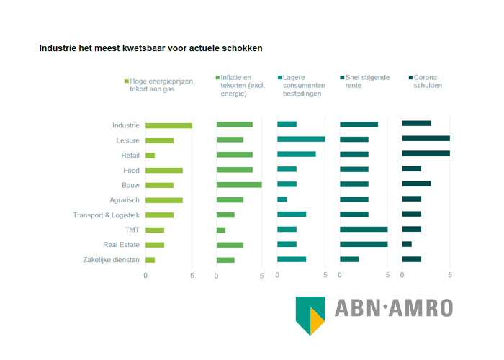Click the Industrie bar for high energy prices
tap(168, 126)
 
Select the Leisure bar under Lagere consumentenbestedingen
tap(301, 139)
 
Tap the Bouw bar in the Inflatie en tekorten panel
tap(239, 185)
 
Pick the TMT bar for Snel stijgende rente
tap(364, 229)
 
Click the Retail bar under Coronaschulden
tap(426, 153)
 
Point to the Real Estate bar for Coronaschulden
tap(407, 244)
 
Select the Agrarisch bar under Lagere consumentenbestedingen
tap(282, 199)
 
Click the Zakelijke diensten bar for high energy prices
tap(150, 260)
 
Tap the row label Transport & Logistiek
tap(106, 215)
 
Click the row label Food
tap(132, 171)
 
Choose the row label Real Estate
tap(121, 245)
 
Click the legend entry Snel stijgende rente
tap(365, 81)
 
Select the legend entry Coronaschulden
tap(426, 81)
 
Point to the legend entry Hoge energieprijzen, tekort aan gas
tap(160, 85)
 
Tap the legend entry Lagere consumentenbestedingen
tap(302, 86)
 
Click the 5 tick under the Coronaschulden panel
tap(450, 275)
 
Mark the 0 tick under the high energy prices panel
tap(145, 276)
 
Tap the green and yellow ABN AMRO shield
tap(310, 316)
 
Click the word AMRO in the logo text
tap(421, 308)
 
